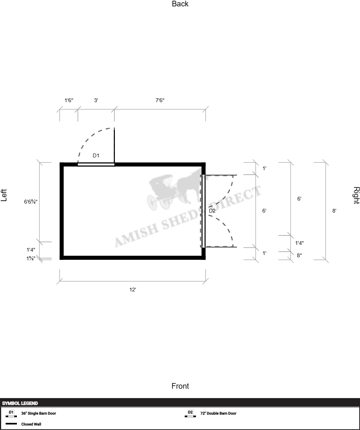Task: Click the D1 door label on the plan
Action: point(96,155)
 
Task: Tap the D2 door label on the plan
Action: point(212,211)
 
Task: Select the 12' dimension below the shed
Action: point(133,290)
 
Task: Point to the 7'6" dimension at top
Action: point(160,100)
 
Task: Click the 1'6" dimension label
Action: point(69,100)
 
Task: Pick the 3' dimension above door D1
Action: point(96,100)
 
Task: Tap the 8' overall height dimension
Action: point(334,211)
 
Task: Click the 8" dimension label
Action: point(300,255)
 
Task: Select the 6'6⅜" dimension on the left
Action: point(31,202)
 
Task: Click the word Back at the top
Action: point(180,4)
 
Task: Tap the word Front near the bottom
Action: point(180,386)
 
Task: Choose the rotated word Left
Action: point(4,195)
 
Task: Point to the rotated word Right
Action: point(356,195)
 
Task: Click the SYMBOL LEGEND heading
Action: point(20,403)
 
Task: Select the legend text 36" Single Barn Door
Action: point(39,413)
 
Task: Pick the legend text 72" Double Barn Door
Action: point(218,413)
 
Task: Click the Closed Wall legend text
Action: point(31,424)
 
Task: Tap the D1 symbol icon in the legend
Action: point(11,413)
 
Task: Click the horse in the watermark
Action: point(189,185)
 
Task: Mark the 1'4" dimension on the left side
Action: point(31,250)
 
